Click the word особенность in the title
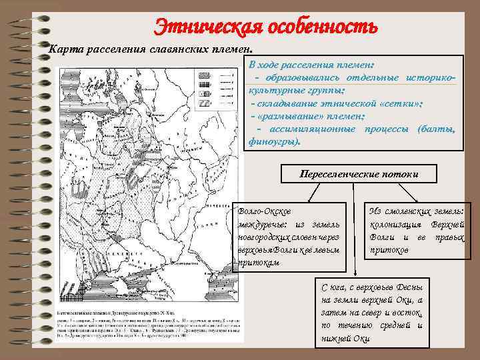pyautogui.click(x=323, y=27)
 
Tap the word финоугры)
pyautogui.click(x=274, y=141)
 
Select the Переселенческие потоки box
pyautogui.click(x=359, y=175)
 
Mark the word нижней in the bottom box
pyautogui.click(x=337, y=338)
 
